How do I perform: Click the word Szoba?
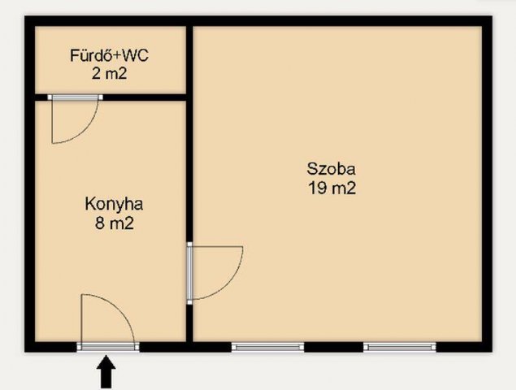331,169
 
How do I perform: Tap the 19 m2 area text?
332,188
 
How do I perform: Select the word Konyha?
114,205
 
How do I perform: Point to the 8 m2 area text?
115,223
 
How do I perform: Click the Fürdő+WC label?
109,55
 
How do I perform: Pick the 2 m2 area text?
109,73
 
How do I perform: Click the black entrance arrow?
106,372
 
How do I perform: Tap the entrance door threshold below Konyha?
108,347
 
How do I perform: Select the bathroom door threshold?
75,97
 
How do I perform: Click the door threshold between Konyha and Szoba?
189,273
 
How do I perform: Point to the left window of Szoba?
268,347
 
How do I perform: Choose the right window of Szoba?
400,347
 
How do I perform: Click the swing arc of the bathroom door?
86,132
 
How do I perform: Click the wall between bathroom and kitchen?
111,97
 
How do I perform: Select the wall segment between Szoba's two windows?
334,347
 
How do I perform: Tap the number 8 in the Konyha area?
100,223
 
